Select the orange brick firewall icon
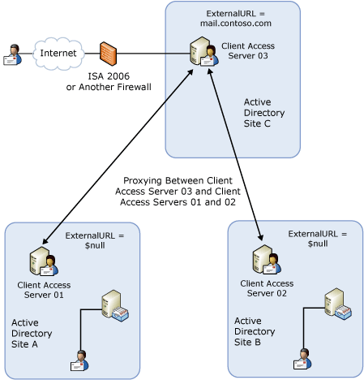(109, 54)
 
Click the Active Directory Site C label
(263, 114)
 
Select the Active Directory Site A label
(32, 333)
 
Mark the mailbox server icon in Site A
(113, 307)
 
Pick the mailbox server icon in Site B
(338, 303)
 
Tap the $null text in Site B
(317, 244)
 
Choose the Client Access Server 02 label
(267, 287)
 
